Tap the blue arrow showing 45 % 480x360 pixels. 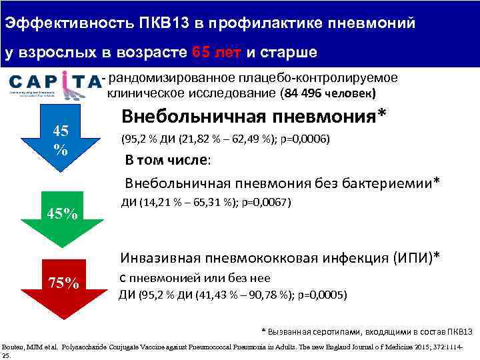coord(61,140)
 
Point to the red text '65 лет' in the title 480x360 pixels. coord(213,52)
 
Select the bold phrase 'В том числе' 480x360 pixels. coord(167,161)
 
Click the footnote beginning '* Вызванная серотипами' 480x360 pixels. coord(367,331)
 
